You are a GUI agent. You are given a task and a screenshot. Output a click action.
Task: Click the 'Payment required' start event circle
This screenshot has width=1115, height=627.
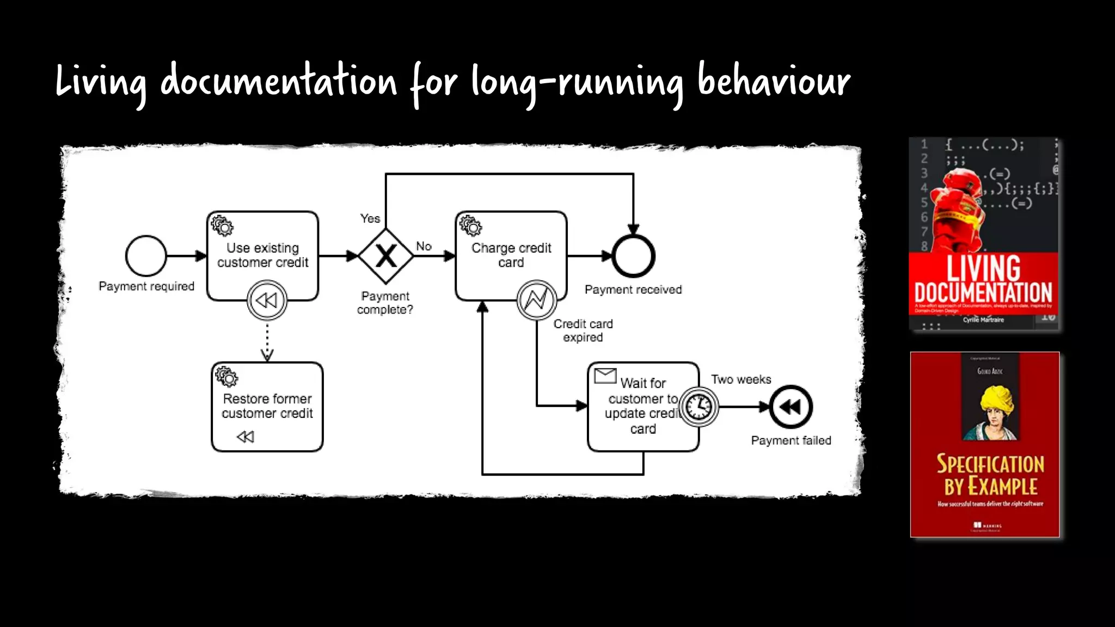pos(146,256)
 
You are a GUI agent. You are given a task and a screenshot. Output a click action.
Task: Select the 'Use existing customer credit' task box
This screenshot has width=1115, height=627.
pos(262,255)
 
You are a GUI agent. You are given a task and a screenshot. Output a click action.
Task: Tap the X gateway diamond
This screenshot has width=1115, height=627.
pos(386,256)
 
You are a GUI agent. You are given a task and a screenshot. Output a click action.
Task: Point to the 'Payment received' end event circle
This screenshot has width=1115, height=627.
pos(633,256)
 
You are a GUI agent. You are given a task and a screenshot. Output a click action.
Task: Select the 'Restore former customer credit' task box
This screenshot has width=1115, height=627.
pos(267,406)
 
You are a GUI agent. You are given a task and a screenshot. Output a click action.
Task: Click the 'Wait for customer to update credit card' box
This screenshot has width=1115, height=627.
pos(637,406)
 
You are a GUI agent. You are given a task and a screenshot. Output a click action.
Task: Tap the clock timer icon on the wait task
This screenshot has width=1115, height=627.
pos(699,407)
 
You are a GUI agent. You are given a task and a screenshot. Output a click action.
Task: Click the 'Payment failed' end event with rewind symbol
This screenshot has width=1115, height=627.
pos(791,407)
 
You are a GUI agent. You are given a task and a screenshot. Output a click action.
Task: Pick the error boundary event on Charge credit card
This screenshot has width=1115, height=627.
pos(536,300)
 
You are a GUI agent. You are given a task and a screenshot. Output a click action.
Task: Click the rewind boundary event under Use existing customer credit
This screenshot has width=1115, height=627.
pos(267,300)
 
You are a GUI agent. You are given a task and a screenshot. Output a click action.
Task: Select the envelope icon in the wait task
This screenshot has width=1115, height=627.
pos(605,376)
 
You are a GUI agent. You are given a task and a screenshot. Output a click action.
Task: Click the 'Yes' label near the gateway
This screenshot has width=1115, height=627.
pos(370,219)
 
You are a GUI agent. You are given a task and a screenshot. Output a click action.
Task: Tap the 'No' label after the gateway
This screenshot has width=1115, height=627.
pos(424,246)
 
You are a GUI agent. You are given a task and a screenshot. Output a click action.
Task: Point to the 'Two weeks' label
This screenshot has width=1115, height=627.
pos(741,379)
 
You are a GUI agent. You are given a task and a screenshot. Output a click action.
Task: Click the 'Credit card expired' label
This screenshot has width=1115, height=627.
pos(583,330)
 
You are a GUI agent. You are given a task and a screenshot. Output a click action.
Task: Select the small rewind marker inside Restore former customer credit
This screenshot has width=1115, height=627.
pos(246,437)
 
